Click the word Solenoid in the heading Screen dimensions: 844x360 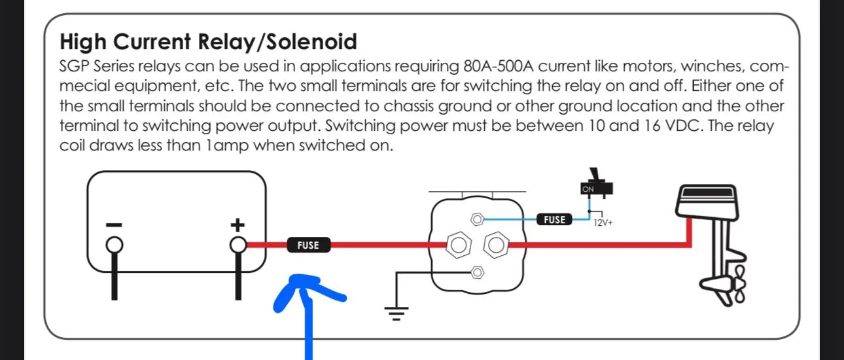click(311, 41)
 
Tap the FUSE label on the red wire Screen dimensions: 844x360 click(309, 245)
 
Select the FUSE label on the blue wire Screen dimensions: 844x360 click(554, 219)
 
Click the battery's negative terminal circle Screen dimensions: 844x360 click(114, 245)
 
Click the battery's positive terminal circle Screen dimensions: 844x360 click(238, 245)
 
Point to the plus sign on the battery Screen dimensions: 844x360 click(237, 225)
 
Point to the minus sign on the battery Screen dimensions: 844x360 click(114, 225)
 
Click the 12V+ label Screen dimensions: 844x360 click(603, 223)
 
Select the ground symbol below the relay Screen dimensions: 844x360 click(396, 314)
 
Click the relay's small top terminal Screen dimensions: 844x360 click(478, 219)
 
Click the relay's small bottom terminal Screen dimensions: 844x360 click(478, 272)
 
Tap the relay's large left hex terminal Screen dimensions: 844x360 click(459, 245)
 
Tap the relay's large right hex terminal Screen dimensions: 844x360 click(496, 245)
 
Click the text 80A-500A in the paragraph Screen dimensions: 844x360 click(499, 66)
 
